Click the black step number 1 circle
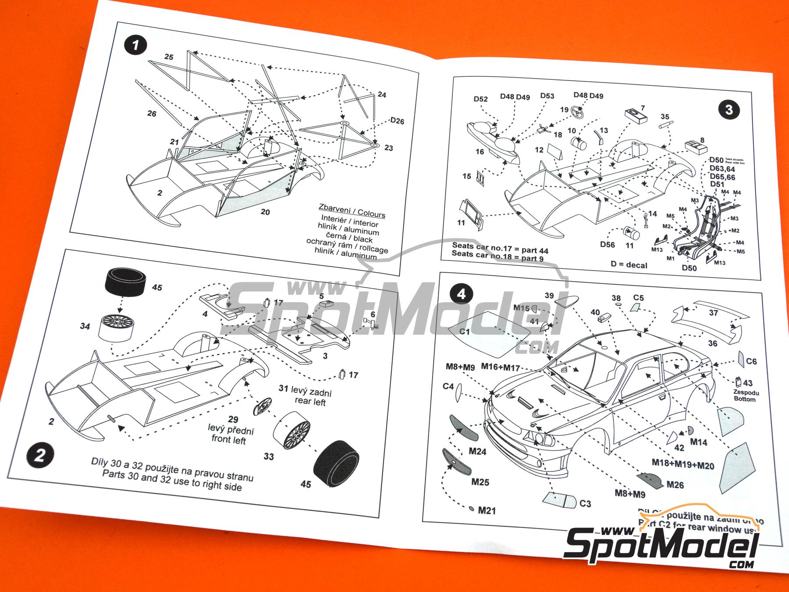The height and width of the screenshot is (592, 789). click(x=135, y=45)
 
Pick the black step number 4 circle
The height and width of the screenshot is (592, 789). click(x=461, y=294)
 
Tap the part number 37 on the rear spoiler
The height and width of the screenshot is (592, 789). click(x=713, y=313)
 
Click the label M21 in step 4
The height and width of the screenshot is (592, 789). click(x=487, y=510)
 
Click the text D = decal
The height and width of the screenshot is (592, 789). click(x=629, y=264)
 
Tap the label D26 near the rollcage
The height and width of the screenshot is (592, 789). click(x=397, y=121)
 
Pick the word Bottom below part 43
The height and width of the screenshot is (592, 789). click(x=745, y=399)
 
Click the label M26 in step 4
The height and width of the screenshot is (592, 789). click(x=675, y=484)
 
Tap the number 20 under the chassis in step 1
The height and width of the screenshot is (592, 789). click(x=265, y=212)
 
